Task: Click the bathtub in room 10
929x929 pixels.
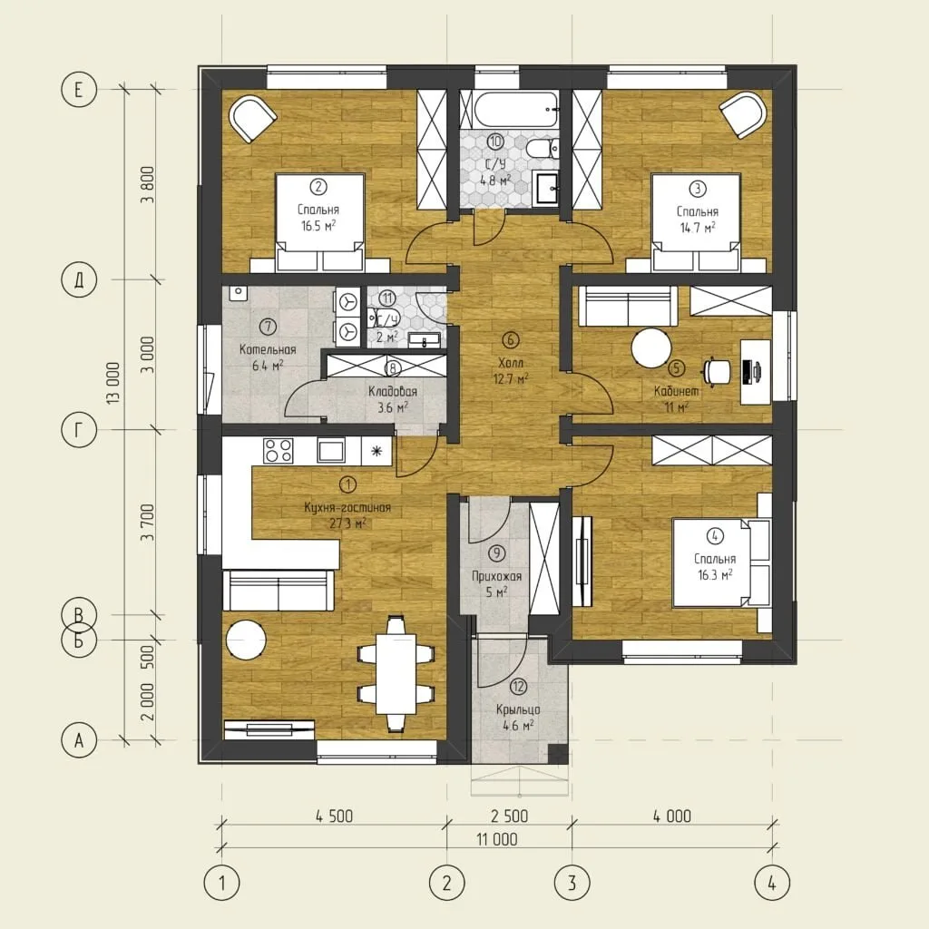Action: coord(515,109)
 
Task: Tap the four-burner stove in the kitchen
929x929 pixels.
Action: coord(278,450)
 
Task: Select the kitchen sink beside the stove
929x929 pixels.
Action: coord(330,450)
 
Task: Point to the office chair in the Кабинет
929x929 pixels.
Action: coord(717,371)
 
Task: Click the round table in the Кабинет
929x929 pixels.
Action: coord(651,348)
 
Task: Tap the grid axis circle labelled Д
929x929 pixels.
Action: coord(79,279)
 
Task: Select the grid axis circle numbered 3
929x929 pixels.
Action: coord(572,883)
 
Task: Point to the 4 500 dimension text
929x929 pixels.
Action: coord(334,817)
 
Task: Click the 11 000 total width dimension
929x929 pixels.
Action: coord(496,839)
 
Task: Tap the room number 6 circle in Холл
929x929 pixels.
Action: coord(510,339)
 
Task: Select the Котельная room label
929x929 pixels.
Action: coord(268,349)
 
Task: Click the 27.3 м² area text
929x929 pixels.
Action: coord(347,523)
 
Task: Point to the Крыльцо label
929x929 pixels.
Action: coord(518,709)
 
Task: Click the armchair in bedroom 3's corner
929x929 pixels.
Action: coord(744,113)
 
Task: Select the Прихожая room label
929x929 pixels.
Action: coord(496,576)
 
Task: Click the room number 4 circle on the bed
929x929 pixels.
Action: coord(715,536)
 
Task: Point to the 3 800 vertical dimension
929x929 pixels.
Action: coord(148,185)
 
